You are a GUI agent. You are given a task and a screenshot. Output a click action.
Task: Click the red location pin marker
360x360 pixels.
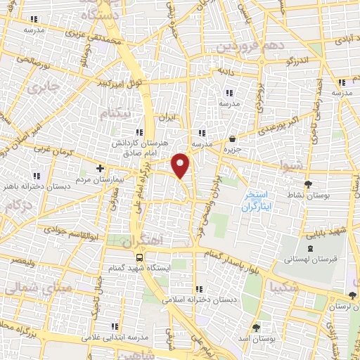click(181, 165)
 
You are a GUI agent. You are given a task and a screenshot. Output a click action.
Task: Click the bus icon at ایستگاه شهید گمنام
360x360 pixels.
click(139, 257)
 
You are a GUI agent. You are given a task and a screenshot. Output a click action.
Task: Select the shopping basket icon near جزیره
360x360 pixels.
click(233, 139)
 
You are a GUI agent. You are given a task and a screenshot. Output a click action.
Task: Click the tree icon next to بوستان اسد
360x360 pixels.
click(255, 328)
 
